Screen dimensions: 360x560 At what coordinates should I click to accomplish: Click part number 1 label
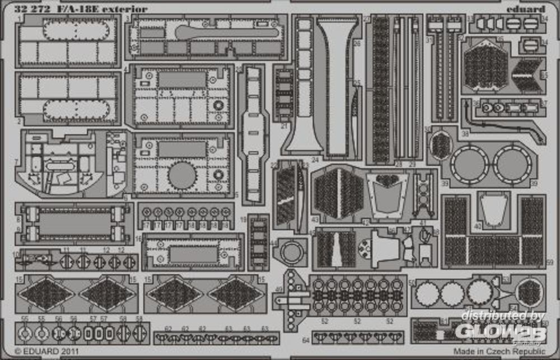tap(20, 18)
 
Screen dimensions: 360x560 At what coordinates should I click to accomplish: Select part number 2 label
tap(20, 120)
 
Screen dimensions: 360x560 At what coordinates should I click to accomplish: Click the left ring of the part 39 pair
tap(470, 165)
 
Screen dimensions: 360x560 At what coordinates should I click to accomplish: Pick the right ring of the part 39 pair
tap(512, 165)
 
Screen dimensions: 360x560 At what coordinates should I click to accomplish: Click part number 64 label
tap(306, 340)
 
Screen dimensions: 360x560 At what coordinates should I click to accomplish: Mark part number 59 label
tap(549, 262)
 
